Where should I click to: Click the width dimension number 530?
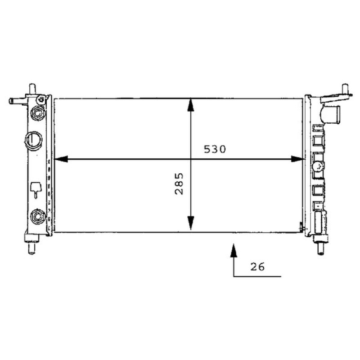215,149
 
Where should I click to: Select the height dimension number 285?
179,184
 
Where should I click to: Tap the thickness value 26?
257,267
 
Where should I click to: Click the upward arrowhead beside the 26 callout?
234,250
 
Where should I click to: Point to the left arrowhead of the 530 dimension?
61,159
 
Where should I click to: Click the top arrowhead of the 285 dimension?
190,105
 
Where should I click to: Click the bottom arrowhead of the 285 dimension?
190,223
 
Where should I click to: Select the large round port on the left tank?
33,141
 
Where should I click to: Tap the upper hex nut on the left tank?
38,113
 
